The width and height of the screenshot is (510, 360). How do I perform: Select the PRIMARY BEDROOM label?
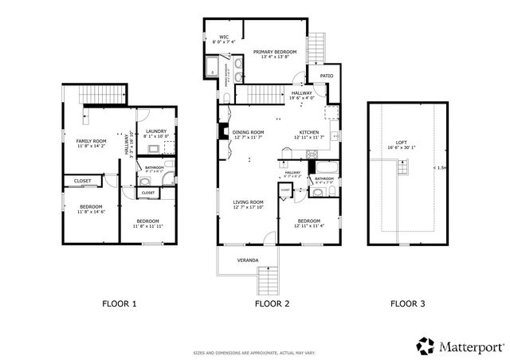274,51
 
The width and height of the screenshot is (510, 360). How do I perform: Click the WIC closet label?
225,37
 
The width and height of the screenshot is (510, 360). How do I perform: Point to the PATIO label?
326,76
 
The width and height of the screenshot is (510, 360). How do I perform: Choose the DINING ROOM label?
249,132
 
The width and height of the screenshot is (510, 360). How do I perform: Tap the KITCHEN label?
309,132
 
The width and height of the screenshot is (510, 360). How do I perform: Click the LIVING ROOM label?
248,202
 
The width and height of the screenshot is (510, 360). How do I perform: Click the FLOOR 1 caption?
120,303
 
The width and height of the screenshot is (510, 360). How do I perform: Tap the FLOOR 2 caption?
273,303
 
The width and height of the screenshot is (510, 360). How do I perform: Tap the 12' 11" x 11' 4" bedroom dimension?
308,226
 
